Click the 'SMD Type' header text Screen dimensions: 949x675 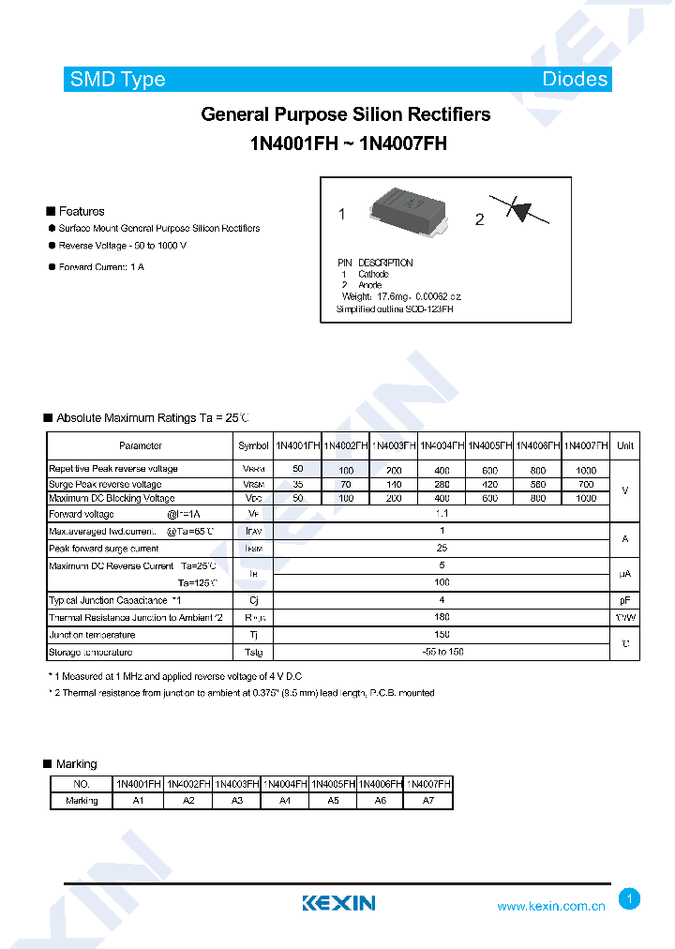pos(117,80)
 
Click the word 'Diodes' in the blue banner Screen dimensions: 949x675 pos(575,80)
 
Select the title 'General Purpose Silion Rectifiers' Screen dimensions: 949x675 pos(345,114)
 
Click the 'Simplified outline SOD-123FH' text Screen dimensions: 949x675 pos(395,309)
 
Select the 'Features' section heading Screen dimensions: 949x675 pos(81,211)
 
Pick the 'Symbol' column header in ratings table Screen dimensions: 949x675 pos(253,446)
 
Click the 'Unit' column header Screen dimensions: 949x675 pos(625,446)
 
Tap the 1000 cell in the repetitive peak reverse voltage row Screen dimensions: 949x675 pos(586,469)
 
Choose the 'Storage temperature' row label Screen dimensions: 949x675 pos(90,652)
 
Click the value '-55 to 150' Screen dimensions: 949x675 pos(442,652)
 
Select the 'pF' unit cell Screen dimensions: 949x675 pos(625,600)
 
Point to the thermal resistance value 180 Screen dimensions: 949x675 pos(442,617)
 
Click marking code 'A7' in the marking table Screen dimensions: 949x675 pos(428,801)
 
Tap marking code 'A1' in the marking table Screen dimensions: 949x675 pos(139,801)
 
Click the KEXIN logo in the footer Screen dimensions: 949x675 pos(338,903)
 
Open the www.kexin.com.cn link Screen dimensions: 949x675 pos(551,906)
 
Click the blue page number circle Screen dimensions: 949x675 pos(630,899)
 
